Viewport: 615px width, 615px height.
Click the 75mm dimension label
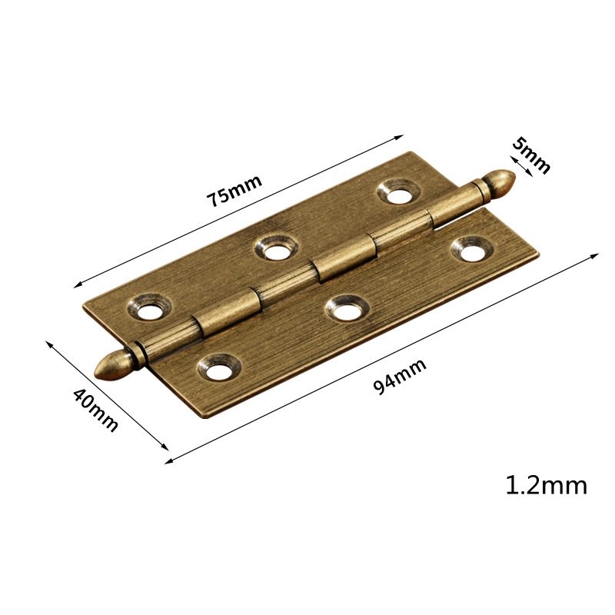pos(234,188)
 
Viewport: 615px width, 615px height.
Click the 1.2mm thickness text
pos(546,485)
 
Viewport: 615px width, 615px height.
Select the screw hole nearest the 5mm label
pos(399,191)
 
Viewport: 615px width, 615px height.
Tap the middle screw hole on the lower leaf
pos(343,308)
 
